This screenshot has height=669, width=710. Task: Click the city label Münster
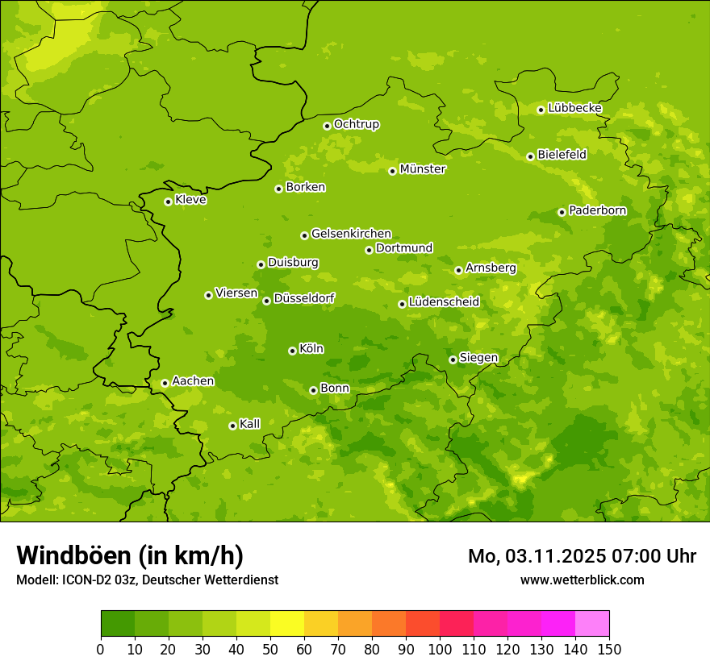423,169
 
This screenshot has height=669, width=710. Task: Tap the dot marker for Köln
292,351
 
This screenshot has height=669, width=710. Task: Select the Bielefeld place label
562,154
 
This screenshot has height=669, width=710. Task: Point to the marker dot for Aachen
165,383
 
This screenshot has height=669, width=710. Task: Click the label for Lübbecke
574,108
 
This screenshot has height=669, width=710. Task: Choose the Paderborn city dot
562,212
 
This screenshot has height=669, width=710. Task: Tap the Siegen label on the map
478,358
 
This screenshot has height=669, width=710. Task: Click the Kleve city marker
168,202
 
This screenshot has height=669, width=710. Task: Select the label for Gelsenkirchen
351,234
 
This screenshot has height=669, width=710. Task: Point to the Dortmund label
404,248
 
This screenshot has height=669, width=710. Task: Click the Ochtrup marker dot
327,126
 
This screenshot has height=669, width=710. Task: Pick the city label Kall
250,424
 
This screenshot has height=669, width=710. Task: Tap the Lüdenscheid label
444,302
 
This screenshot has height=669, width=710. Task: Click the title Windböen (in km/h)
130,555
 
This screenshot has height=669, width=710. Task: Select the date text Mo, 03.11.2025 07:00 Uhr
582,556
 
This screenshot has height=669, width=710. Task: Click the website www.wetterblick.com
582,580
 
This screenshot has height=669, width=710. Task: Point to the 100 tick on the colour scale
440,649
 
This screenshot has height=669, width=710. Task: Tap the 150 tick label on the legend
609,649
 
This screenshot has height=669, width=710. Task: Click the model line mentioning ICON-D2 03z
147,580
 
